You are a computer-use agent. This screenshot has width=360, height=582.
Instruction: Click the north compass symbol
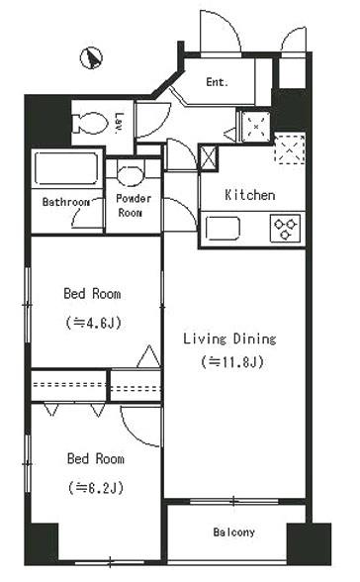[x=91, y=58]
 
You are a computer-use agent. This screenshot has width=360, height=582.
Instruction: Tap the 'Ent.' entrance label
[x=218, y=82]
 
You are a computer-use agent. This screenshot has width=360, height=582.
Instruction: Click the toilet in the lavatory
[x=90, y=123]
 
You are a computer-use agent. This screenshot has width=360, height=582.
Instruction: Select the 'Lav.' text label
[x=120, y=123]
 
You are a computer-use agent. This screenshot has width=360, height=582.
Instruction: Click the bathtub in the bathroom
[x=66, y=168]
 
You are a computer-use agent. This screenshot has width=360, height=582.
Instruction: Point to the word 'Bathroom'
[x=65, y=202]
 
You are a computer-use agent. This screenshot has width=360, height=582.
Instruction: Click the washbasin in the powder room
[x=130, y=175]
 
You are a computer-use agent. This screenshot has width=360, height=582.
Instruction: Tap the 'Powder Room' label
[x=134, y=205]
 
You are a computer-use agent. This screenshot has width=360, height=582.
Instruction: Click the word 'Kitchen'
[x=250, y=195]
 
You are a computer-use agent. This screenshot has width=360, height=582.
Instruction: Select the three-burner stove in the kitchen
[x=285, y=229]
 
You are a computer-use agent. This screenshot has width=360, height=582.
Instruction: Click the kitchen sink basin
[x=223, y=229]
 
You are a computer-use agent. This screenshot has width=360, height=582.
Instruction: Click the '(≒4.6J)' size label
[x=93, y=323]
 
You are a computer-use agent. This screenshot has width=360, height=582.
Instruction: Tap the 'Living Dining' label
[x=229, y=339]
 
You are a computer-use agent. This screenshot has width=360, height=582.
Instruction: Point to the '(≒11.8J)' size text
[x=232, y=361]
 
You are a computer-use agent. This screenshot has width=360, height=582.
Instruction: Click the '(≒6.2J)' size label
[x=96, y=487]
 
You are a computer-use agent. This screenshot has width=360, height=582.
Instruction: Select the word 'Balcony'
[x=234, y=533]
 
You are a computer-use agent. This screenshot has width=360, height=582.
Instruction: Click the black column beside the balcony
[x=309, y=543]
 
